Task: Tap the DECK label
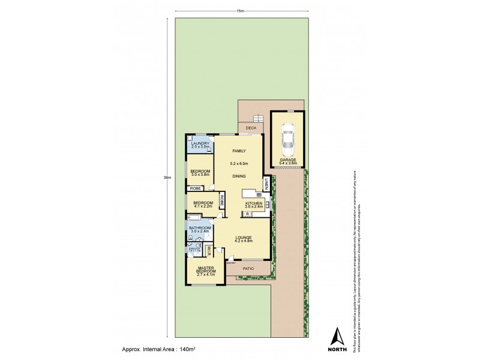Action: [x=250, y=128]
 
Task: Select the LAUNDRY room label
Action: [x=200, y=143]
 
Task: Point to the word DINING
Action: [x=239, y=176]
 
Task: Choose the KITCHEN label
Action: [x=254, y=203]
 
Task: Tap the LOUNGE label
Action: [x=243, y=237]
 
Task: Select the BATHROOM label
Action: [x=200, y=228]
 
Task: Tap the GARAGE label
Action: [x=287, y=160]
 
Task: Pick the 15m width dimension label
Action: [x=241, y=11]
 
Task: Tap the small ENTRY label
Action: [x=230, y=262]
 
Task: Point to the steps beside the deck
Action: [x=259, y=118]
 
